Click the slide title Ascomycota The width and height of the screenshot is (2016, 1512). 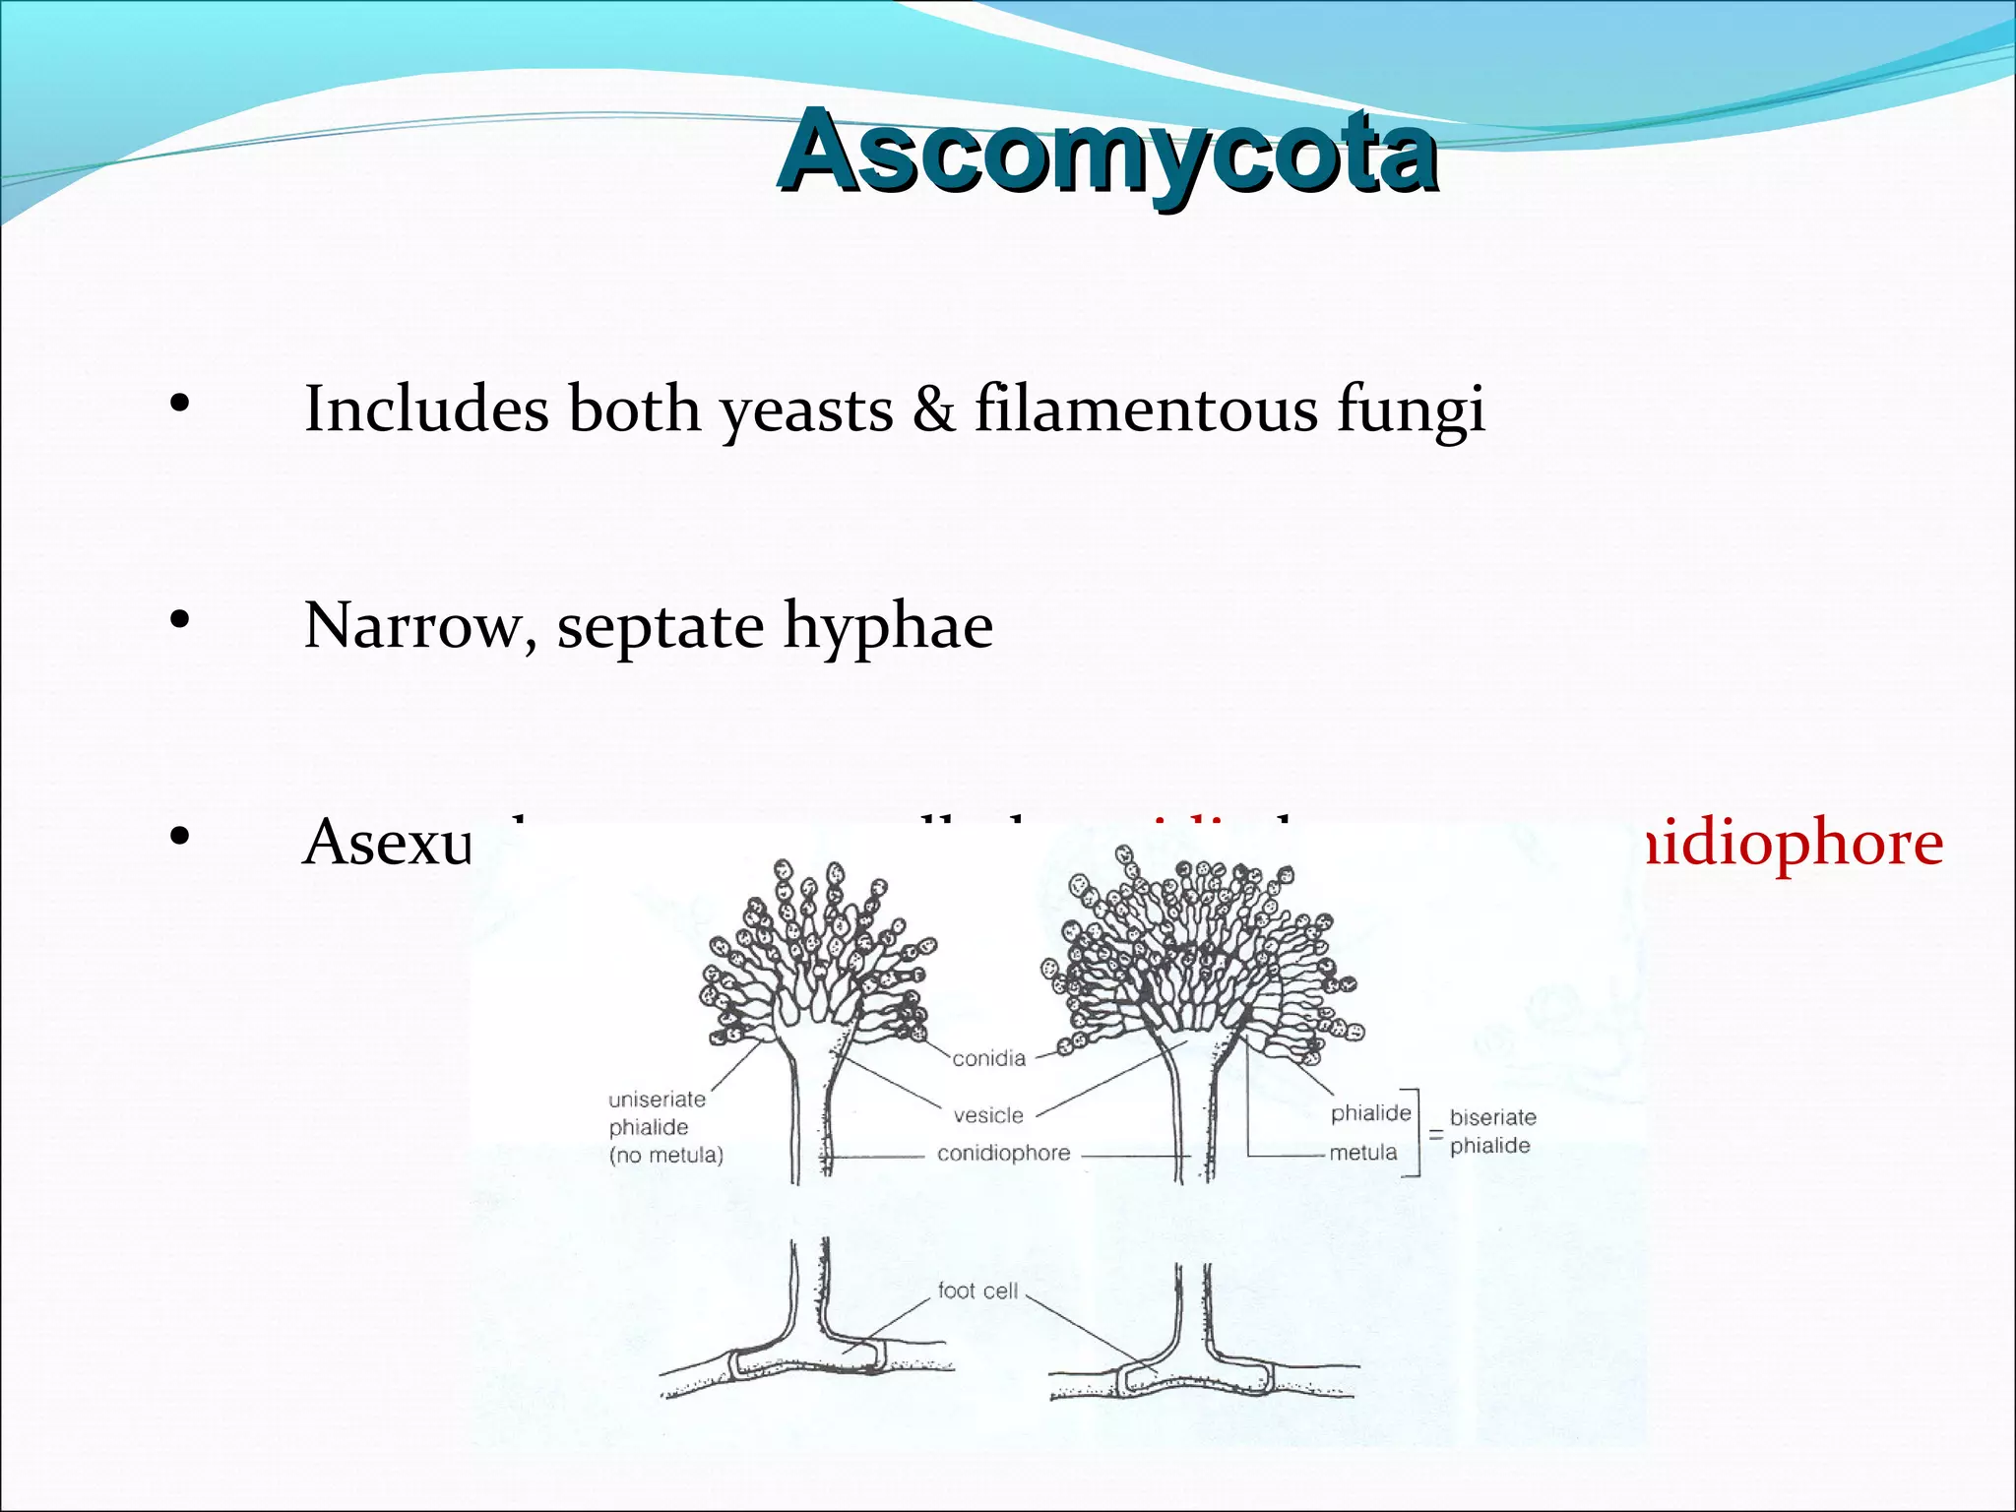coord(1107,153)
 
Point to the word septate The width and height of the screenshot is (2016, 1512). coord(660,627)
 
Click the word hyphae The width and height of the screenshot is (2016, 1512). coord(888,627)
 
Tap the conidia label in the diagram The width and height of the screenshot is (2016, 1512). coord(988,1058)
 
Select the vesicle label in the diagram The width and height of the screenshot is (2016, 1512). coord(988,1115)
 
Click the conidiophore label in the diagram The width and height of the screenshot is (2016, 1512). coord(1003,1153)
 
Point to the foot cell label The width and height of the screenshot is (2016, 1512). coord(976,1291)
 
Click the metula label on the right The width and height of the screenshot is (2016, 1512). coord(1362,1152)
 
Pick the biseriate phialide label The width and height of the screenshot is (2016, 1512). coord(1491,1131)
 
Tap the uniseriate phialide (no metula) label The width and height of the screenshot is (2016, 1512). coord(664,1127)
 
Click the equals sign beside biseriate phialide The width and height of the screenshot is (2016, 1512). coord(1435,1134)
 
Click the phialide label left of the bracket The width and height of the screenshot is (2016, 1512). coord(1370,1113)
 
